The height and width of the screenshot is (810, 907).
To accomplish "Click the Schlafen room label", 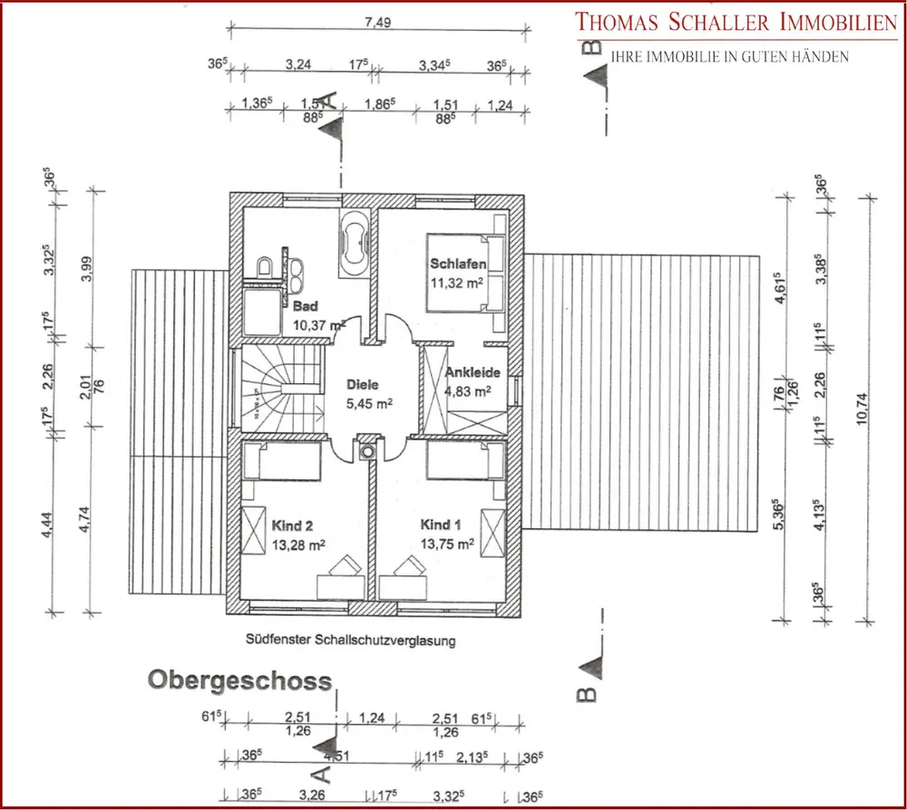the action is click(x=458, y=264).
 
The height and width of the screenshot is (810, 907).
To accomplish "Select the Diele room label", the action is click(x=360, y=383).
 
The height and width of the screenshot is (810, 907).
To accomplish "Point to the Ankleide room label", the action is click(x=468, y=373).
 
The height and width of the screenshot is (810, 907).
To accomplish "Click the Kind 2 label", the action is click(x=291, y=525).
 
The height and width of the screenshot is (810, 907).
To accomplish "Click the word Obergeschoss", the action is click(x=240, y=679).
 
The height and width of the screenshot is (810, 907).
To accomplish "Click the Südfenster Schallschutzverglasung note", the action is click(x=349, y=639).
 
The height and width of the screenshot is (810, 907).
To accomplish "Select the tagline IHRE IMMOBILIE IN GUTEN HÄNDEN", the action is click(x=730, y=57).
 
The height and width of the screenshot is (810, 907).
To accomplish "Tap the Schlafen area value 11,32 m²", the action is click(x=460, y=282).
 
